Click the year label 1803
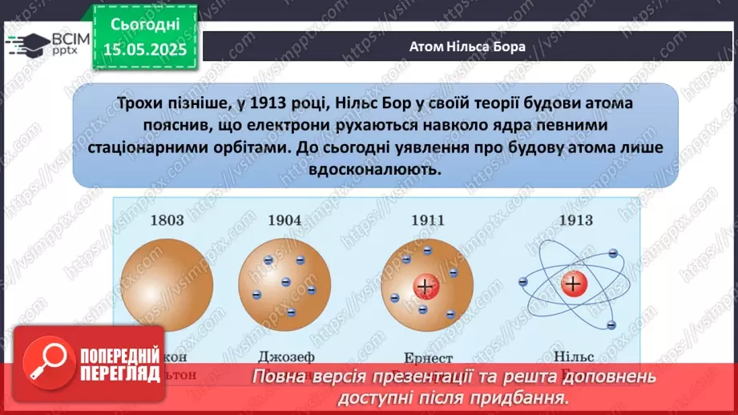pos(167,220)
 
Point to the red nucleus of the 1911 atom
pos(424,286)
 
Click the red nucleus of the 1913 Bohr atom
pos(572,283)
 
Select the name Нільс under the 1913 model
pos(571,357)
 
